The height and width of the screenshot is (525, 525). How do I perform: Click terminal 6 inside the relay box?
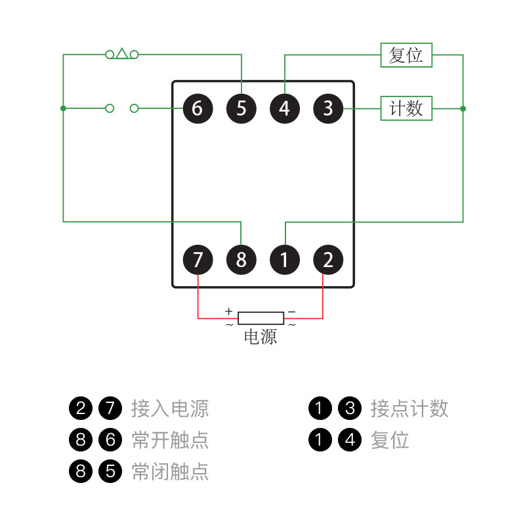(198, 108)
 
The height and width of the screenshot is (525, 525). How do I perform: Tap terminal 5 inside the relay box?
(241, 108)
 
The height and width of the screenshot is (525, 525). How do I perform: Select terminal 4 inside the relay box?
(284, 108)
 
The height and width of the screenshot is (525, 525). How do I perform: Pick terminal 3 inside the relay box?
(328, 108)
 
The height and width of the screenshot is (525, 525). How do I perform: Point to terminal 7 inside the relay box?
(198, 260)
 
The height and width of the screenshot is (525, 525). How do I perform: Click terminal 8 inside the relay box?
(241, 260)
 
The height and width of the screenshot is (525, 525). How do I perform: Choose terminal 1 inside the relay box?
(284, 260)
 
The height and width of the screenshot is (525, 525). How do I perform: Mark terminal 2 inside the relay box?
(328, 260)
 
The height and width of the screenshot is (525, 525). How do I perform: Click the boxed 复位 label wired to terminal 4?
(406, 55)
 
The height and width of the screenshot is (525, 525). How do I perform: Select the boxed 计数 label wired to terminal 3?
(406, 108)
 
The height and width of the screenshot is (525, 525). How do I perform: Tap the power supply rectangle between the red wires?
(261, 318)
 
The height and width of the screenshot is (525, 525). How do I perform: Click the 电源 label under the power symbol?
(261, 337)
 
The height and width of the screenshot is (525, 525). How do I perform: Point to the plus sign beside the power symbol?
(228, 311)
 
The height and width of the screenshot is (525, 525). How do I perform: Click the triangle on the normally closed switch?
(122, 52)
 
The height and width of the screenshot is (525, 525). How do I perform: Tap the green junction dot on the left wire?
(63, 108)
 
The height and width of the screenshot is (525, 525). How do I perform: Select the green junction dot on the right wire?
(463, 108)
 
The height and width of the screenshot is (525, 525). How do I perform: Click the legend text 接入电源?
(170, 408)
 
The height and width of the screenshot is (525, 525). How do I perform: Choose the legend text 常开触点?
(170, 440)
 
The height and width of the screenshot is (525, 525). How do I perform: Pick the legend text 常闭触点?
(170, 471)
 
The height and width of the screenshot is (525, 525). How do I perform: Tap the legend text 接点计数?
(409, 408)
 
